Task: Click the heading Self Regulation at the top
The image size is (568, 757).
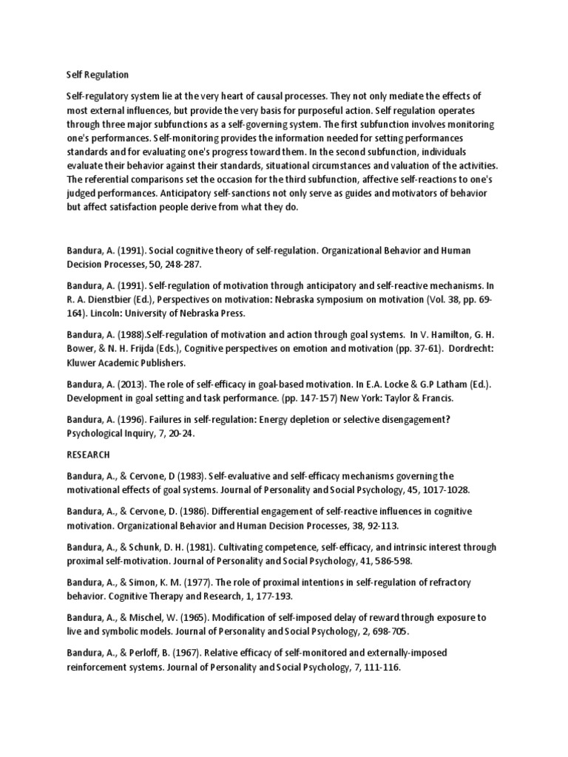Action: coord(98,75)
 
